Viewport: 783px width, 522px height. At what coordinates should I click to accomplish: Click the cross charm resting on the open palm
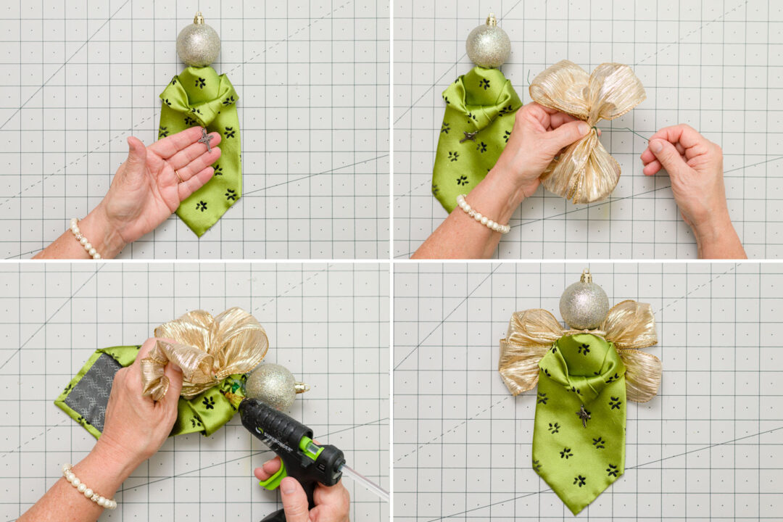pos(206,139)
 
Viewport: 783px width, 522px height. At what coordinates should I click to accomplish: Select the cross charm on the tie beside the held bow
pos(469,136)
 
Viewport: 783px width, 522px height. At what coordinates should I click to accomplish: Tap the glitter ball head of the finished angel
pos(584,304)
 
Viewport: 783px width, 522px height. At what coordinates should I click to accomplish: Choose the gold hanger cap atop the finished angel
pos(586,277)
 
